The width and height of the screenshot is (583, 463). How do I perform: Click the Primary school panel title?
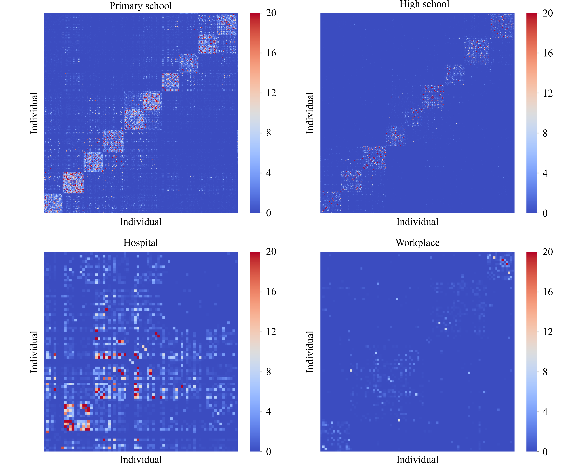[x=141, y=6]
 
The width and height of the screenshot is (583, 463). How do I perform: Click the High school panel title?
[x=424, y=4]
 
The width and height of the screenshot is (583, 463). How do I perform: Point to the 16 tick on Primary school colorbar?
[x=271, y=53]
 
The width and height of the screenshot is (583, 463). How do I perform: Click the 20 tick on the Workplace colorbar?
[x=548, y=252]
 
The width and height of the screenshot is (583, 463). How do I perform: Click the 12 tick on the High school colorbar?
[x=548, y=93]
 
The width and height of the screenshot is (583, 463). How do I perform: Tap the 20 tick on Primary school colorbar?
[x=271, y=13]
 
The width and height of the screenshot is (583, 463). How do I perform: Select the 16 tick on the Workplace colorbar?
[x=548, y=292]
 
